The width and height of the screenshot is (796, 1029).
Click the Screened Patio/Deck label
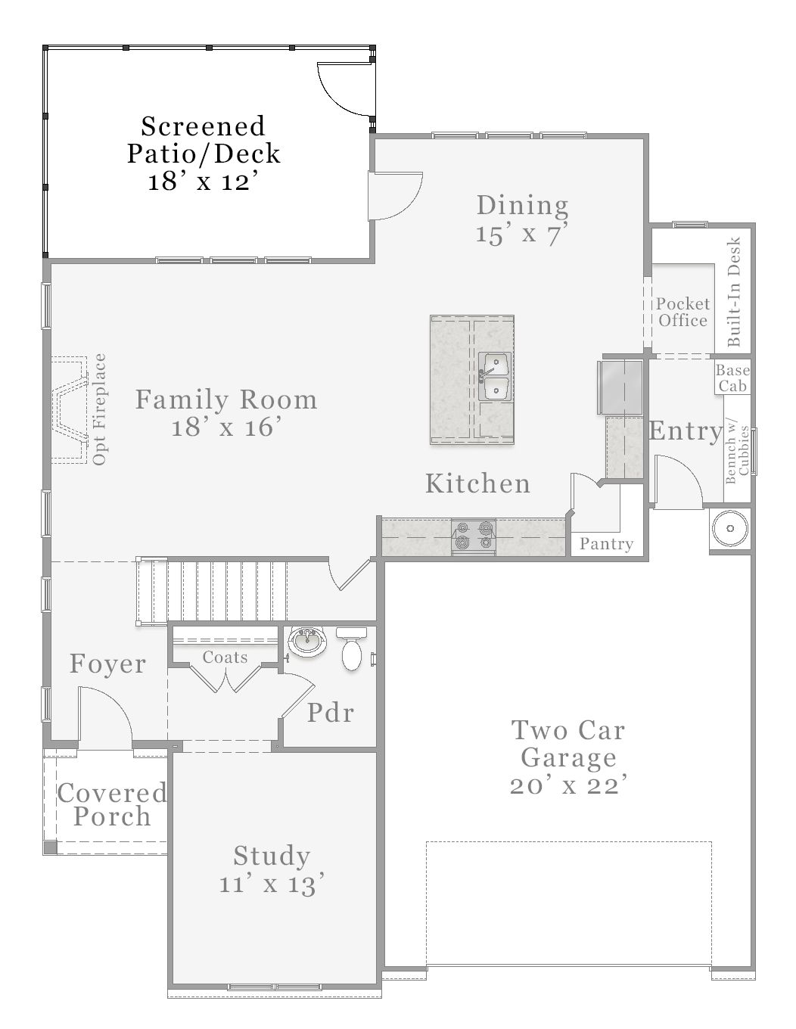(x=203, y=153)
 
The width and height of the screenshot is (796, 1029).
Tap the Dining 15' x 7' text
(x=522, y=219)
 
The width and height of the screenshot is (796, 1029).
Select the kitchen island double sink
(x=495, y=376)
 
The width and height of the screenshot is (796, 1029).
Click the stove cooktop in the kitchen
(x=474, y=535)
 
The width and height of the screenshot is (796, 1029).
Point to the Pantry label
(x=606, y=544)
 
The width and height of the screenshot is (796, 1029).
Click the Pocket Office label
(x=683, y=312)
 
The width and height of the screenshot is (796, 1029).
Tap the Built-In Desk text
(x=733, y=292)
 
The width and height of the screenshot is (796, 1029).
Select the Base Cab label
(x=732, y=378)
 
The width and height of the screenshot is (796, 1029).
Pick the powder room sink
(x=307, y=642)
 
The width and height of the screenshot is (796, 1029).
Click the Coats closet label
(x=225, y=658)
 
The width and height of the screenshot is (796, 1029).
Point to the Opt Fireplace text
(x=100, y=409)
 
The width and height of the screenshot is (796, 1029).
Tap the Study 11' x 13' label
(x=272, y=869)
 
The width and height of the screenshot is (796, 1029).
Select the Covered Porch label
(x=112, y=805)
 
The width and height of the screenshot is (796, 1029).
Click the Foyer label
(x=107, y=664)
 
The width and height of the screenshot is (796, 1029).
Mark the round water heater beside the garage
(x=730, y=529)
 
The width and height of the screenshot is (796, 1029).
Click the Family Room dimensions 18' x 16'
(x=226, y=427)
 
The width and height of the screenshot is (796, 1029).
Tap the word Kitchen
(x=477, y=483)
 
